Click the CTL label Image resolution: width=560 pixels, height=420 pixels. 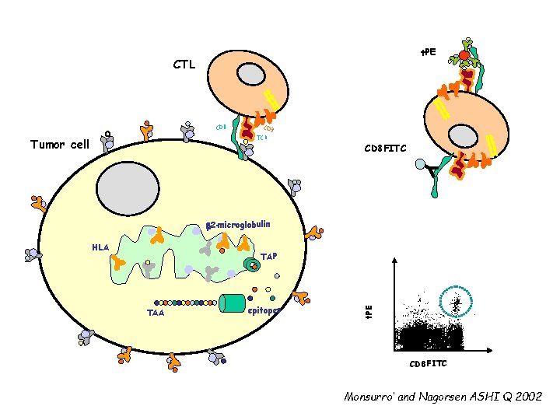pos(184,65)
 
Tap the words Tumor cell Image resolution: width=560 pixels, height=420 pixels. pos(60,144)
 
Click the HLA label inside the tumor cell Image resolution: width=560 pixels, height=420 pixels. pos(100,248)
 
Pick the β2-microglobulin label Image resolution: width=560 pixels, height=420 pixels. pos(239,225)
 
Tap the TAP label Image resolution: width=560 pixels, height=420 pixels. pos(269,256)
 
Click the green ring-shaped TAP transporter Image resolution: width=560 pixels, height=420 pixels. pos(251,264)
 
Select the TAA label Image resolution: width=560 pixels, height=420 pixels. pos(156,313)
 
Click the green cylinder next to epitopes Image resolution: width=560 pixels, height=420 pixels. pos(233,303)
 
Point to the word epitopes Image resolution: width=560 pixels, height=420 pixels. pos(264,310)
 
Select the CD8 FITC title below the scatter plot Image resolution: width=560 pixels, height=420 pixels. pos(429,364)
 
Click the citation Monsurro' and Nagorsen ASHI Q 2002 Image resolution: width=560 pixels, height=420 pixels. pos(443,397)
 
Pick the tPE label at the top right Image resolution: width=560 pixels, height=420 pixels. pos(429,52)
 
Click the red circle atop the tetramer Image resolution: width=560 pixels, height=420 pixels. pos(464,56)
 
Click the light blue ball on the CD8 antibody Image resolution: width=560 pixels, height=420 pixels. pos(420,165)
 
